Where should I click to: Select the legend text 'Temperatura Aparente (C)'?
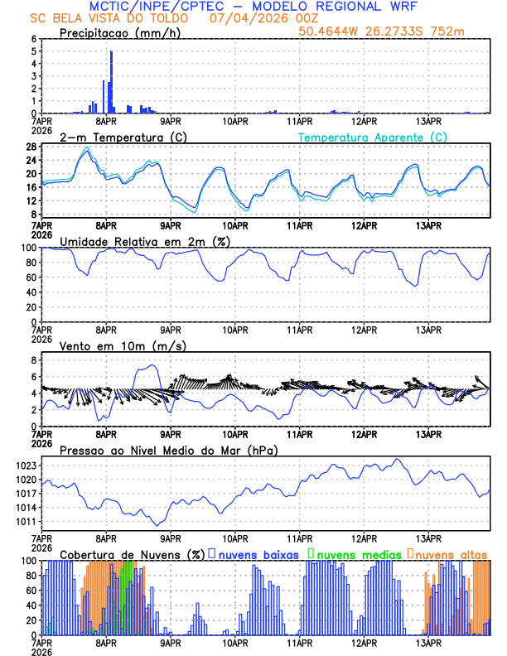pos(373,137)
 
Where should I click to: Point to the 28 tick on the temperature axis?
pos(31,147)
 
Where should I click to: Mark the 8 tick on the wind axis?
pos(33,360)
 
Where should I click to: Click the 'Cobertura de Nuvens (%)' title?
pos(131,553)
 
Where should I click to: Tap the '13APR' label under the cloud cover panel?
pos(428,642)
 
